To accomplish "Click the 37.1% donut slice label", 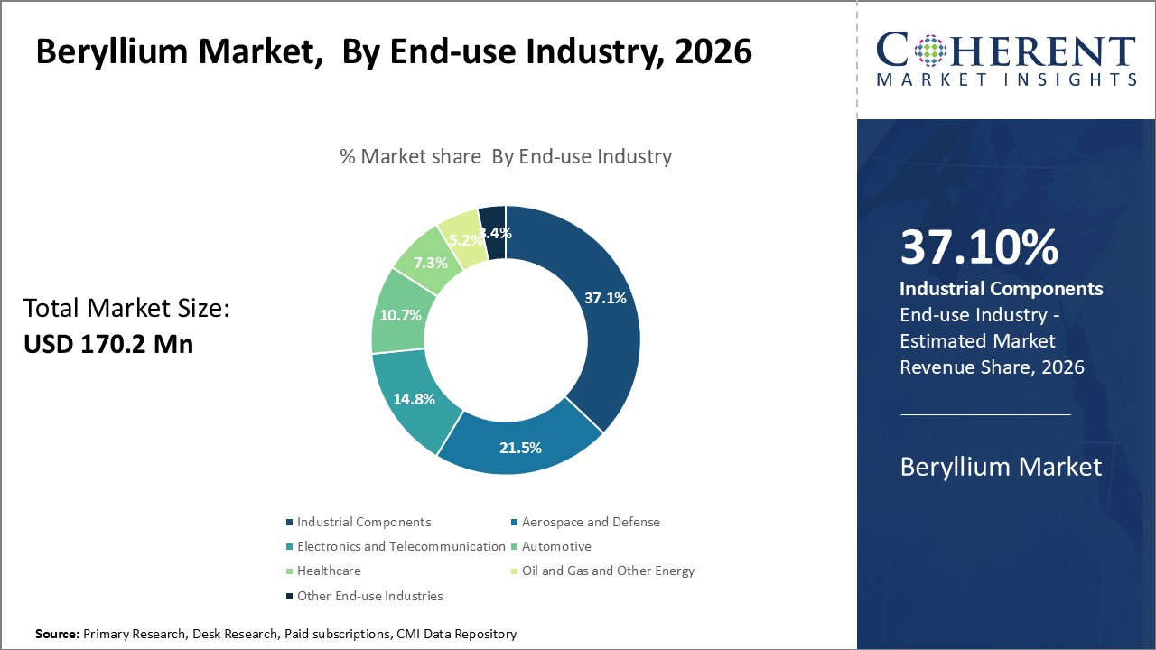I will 604,298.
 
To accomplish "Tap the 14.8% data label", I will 414,399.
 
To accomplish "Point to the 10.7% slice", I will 398,315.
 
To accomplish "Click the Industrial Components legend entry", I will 363,522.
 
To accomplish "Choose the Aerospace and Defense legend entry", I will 591,522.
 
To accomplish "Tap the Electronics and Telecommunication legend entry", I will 401,546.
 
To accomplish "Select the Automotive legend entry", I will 556,546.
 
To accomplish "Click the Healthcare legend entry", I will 329,571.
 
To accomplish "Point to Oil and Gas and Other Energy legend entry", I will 608,571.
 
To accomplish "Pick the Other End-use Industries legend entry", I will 369,596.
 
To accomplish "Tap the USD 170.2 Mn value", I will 108,344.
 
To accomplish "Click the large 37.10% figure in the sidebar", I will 979,247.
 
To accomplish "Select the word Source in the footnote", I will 56,634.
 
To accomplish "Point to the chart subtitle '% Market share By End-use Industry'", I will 506,156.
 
